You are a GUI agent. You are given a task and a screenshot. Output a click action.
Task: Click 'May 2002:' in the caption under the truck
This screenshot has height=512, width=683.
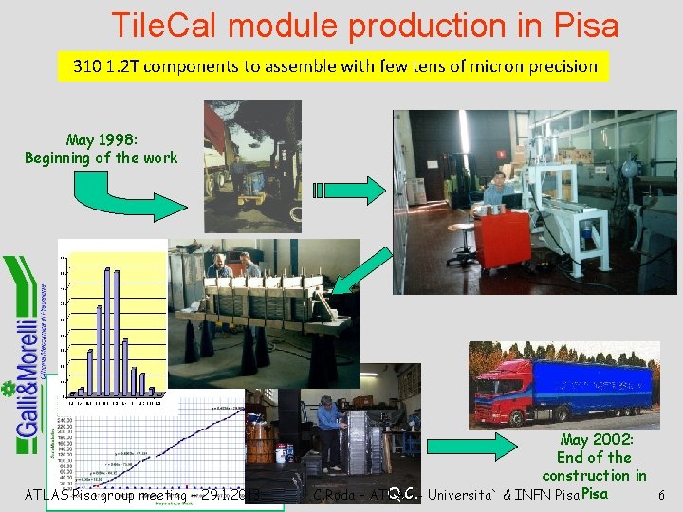[x=597, y=439]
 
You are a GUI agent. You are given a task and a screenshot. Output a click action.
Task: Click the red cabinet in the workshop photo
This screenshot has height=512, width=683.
[x=503, y=237]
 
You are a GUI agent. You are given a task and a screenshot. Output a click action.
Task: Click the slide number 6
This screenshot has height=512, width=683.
[x=661, y=495]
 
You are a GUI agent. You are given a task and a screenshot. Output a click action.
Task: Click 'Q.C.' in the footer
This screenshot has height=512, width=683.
[x=404, y=491]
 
